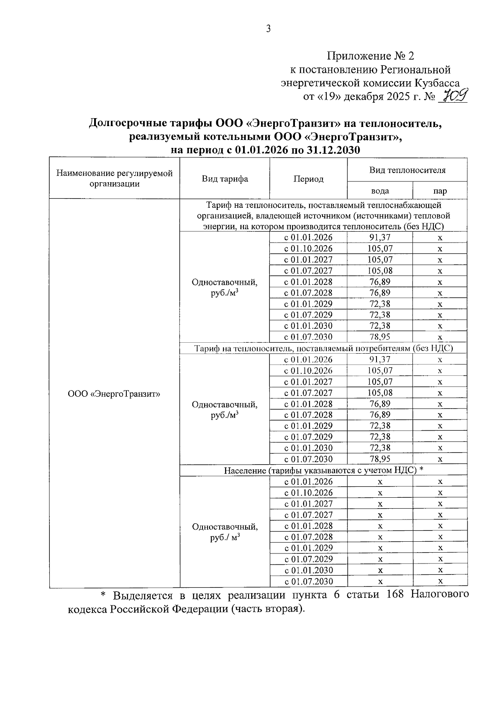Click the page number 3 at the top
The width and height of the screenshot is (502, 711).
(x=268, y=28)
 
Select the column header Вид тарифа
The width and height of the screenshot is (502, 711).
(x=225, y=179)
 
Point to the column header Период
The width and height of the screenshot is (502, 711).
(x=308, y=179)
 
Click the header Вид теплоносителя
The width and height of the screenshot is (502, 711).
(x=407, y=170)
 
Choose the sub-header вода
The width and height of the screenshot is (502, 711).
(x=380, y=191)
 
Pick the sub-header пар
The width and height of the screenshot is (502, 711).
(x=440, y=191)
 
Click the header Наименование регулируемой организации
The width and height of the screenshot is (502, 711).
(x=115, y=178)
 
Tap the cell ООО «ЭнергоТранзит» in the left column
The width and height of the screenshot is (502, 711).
(x=114, y=394)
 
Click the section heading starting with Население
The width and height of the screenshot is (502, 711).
(x=324, y=470)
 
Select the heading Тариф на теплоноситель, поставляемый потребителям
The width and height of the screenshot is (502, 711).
(x=324, y=348)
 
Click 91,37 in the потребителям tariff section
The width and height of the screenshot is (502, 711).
(x=380, y=359)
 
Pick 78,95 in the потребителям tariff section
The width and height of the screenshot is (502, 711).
(x=380, y=459)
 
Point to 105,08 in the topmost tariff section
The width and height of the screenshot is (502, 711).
(x=380, y=271)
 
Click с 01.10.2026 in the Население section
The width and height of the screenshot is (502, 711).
(x=308, y=493)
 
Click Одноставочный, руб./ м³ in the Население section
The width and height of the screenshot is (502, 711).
(x=225, y=532)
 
